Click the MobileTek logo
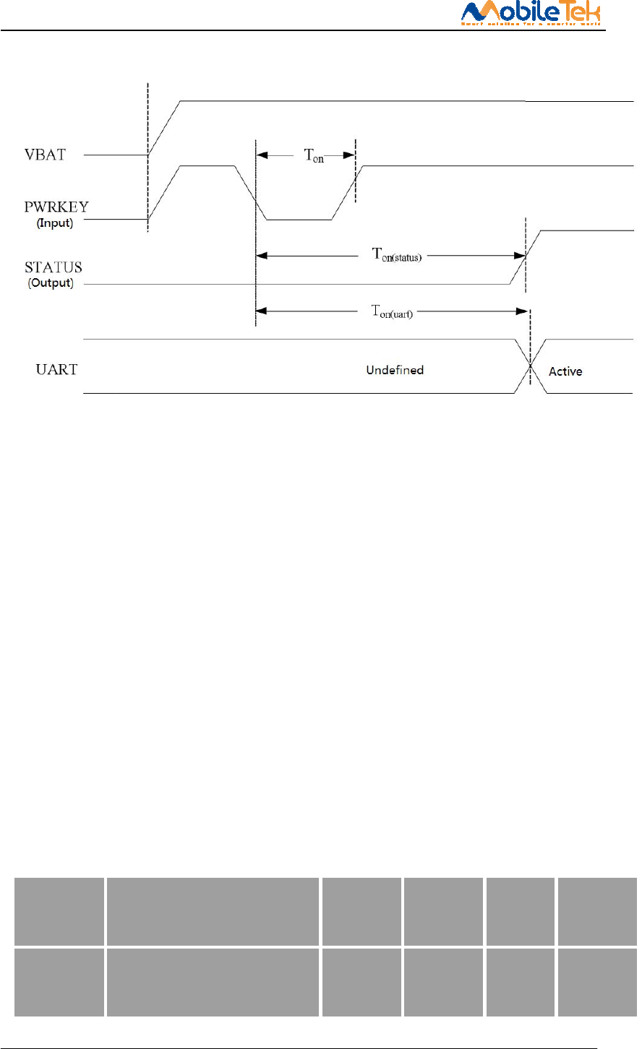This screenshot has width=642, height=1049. pyautogui.click(x=531, y=13)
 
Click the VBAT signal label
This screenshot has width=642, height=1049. pyautogui.click(x=45, y=155)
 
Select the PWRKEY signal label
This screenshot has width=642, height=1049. pyautogui.click(x=56, y=207)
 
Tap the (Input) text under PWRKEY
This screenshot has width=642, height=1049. pyautogui.click(x=55, y=223)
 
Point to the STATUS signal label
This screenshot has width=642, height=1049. pyautogui.click(x=54, y=268)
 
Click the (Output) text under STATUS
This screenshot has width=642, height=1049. pyautogui.click(x=51, y=283)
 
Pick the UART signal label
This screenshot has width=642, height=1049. pyautogui.click(x=56, y=370)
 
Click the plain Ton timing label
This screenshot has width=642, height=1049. pyautogui.click(x=313, y=155)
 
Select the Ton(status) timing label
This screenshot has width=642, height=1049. pyautogui.click(x=396, y=254)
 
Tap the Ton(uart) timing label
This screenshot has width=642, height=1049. pyautogui.click(x=392, y=311)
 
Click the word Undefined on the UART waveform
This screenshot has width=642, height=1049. pyautogui.click(x=395, y=370)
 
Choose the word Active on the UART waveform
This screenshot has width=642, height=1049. pyautogui.click(x=565, y=371)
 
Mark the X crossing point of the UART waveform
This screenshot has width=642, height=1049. pyautogui.click(x=531, y=366)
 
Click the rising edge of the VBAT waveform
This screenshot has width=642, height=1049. pyautogui.click(x=164, y=128)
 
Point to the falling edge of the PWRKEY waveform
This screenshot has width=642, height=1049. pyautogui.click(x=251, y=193)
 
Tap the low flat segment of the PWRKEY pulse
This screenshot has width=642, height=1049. pyautogui.click(x=299, y=219)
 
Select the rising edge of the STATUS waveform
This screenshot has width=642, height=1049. pyautogui.click(x=525, y=257)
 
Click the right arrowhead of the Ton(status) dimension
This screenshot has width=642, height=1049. pyautogui.click(x=519, y=255)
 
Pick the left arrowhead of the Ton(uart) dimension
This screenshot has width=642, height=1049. pyautogui.click(x=262, y=311)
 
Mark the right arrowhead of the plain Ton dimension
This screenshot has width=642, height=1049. pyautogui.click(x=349, y=155)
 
